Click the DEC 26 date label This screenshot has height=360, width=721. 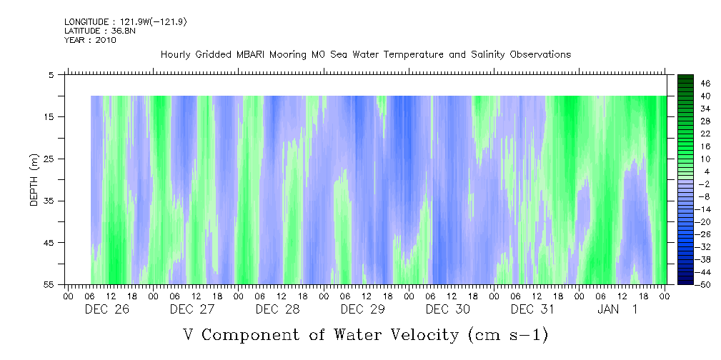coord(106,309)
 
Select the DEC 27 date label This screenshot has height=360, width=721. coord(192,309)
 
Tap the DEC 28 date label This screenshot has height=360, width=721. coord(277,309)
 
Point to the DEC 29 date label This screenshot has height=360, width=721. coord(362,309)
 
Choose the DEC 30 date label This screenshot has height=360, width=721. coord(447,309)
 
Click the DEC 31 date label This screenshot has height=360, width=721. coord(532,309)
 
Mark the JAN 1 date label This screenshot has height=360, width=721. coord(617,309)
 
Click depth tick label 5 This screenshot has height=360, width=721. coord(51,74)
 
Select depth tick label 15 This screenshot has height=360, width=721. coord(49,116)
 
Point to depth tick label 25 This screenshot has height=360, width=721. coord(49,159)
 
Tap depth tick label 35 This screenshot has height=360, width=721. coord(49,201)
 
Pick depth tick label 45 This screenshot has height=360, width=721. coord(49,243)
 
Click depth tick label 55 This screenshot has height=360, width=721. coord(49,284)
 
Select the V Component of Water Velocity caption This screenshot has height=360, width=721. coord(365,334)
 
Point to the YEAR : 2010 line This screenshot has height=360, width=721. coord(90,40)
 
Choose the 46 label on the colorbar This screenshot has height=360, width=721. coord(705,84)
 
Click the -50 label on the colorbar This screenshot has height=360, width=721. coord(704,284)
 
